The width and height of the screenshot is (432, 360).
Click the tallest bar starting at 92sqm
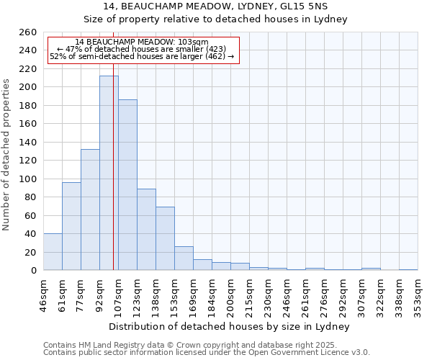click(x=109, y=173)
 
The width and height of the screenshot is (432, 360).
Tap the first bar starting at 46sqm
click(x=53, y=252)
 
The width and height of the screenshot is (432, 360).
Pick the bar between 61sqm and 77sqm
click(x=71, y=226)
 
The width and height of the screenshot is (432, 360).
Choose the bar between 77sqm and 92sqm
click(x=90, y=210)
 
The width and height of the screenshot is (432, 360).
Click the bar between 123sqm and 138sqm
click(x=146, y=229)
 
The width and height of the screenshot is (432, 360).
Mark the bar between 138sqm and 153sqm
click(x=165, y=238)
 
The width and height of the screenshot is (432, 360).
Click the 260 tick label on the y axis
click(x=27, y=32)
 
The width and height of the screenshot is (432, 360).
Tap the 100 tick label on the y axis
click(x=27, y=179)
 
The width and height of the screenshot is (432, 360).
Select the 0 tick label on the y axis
click(x=33, y=271)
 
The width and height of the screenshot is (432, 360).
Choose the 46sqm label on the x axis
click(x=43, y=294)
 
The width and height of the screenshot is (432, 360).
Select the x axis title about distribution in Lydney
click(x=230, y=326)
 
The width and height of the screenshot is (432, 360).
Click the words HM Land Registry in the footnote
click(x=99, y=345)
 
